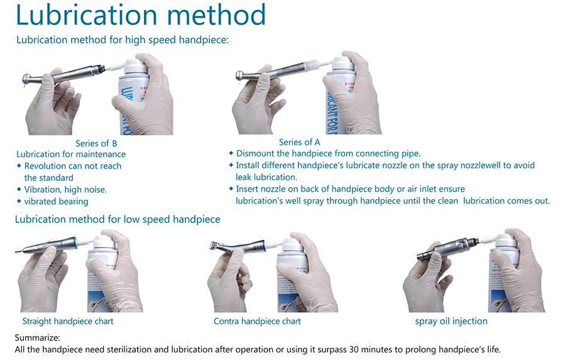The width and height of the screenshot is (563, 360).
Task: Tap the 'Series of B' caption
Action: coord(96,143)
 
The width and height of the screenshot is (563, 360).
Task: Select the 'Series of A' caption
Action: coord(300,142)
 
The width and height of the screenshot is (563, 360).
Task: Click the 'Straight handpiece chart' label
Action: coord(68,321)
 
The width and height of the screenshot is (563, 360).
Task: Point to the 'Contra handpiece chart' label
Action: coord(257,321)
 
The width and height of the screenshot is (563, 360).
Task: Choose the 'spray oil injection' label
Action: coord(451,321)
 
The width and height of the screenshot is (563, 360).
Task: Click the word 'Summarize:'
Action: coord(37,338)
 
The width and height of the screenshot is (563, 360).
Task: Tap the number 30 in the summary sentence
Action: coord(354,349)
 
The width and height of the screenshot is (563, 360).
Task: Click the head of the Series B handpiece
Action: coord(28,79)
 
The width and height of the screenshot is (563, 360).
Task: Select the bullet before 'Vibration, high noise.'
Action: coord(19,189)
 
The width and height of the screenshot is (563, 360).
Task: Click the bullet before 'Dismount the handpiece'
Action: coord(231,153)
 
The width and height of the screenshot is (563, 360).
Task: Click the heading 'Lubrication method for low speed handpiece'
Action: coord(118,219)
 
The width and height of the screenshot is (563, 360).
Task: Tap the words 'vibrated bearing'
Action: coord(56,201)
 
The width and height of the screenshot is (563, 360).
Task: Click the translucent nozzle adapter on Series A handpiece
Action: coord(311,67)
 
